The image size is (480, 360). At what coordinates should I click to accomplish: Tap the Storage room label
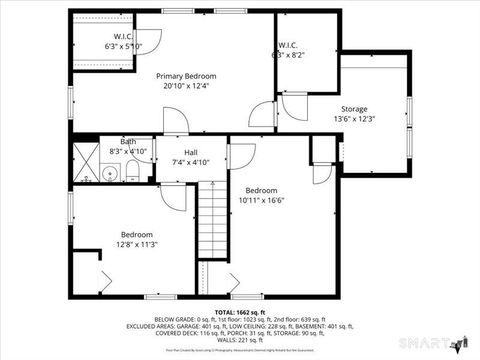click(x=354, y=109)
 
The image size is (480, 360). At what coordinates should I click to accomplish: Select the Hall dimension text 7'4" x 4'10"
click(x=191, y=162)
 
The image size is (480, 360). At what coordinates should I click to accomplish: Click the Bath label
click(x=128, y=142)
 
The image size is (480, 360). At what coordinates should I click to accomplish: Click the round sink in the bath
click(x=112, y=174)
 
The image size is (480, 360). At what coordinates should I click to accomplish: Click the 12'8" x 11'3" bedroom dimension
click(x=137, y=244)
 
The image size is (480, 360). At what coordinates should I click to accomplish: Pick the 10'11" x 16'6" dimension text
click(x=262, y=200)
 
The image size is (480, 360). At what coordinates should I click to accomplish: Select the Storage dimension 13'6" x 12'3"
click(x=354, y=119)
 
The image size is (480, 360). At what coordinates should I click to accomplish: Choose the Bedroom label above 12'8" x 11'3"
click(x=137, y=234)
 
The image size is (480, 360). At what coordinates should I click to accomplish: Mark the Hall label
click(x=191, y=152)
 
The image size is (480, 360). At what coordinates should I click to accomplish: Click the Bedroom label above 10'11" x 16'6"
click(x=262, y=190)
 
